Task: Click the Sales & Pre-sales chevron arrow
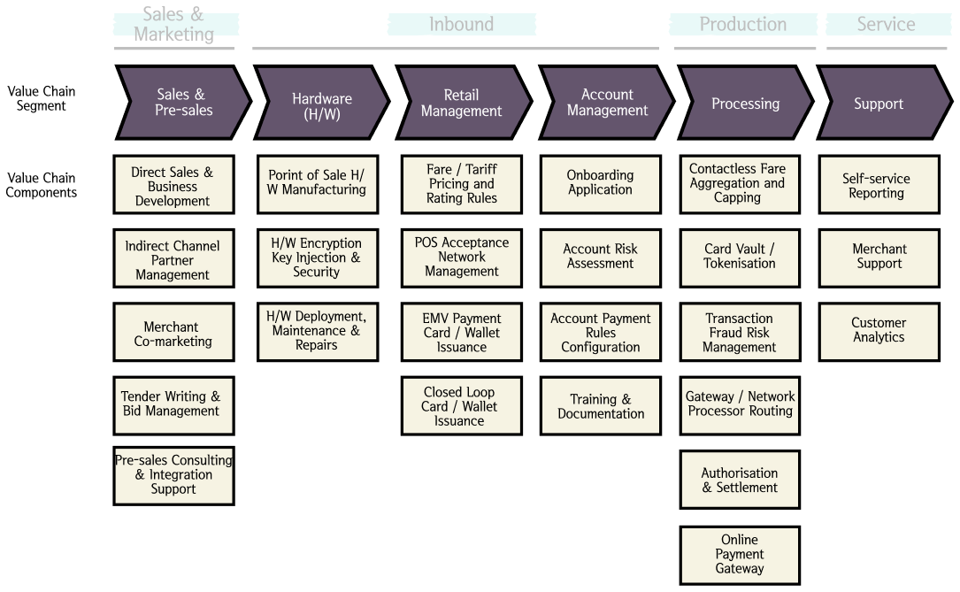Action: point(181,103)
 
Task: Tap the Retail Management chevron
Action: point(462,103)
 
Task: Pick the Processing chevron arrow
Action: point(745,104)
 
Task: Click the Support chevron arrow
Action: point(878,104)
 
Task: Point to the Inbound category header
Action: point(461,25)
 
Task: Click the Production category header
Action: point(742,25)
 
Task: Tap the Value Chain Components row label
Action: point(41,186)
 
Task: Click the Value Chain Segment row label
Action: point(41,98)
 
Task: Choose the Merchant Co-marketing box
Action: point(173,334)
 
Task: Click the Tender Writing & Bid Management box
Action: point(173,404)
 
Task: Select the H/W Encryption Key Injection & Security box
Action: point(317,258)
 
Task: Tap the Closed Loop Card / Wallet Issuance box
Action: point(461,406)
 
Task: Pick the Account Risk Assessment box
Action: point(600,258)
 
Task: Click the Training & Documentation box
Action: point(600,406)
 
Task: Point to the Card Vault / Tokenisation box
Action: point(740,258)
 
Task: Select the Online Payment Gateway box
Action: point(740,555)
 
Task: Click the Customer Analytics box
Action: point(878,331)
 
